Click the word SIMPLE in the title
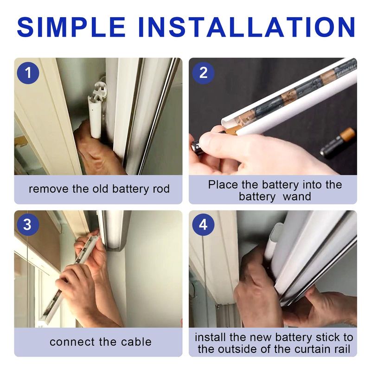71,27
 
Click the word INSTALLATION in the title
246,27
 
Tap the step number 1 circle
28,73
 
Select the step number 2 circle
203,73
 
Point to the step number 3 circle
27,224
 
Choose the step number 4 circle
203,224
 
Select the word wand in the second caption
297,196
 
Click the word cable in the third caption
136,342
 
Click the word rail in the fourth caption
341,349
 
